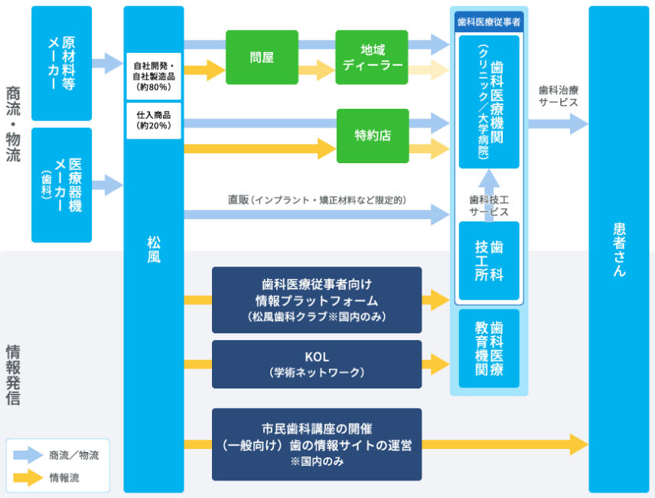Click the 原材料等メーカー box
[x=61, y=63]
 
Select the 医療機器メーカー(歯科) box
[x=61, y=185]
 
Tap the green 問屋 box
[x=262, y=57]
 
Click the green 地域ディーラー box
[x=372, y=57]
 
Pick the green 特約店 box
[x=373, y=136]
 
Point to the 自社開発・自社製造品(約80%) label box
[x=153, y=77]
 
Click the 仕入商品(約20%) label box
[x=153, y=120]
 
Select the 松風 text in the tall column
[x=153, y=249]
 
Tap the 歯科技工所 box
[x=489, y=260]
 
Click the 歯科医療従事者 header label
[x=489, y=22]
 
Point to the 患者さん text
[x=619, y=249]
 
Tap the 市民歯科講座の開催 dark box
[x=317, y=444]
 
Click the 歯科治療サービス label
[x=558, y=95]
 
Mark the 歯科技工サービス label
[x=489, y=205]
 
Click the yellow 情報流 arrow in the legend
[x=28, y=477]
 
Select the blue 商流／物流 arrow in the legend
[x=28, y=454]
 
